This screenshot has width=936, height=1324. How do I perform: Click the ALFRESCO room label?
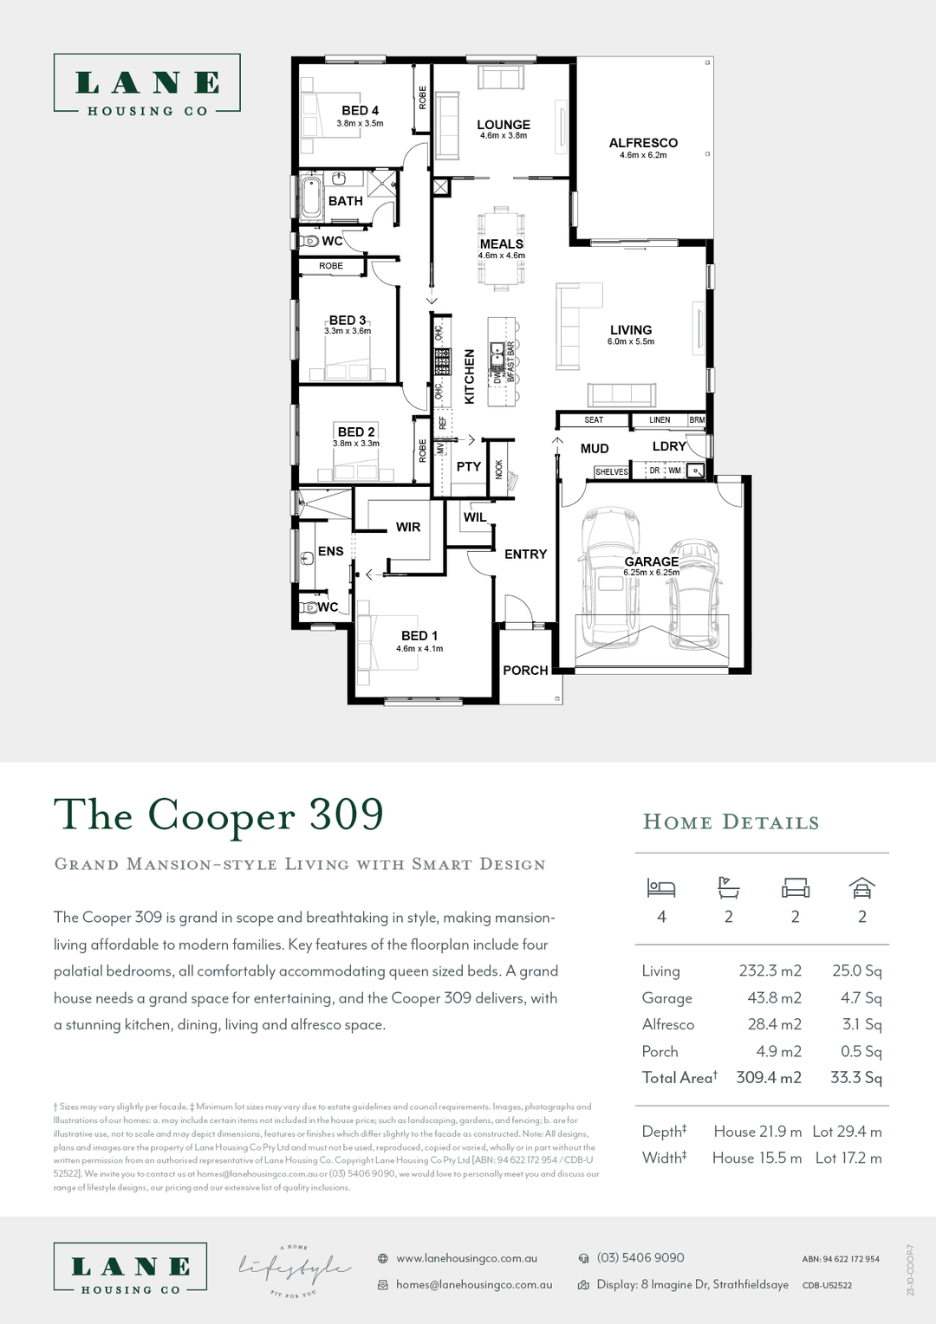point(643,143)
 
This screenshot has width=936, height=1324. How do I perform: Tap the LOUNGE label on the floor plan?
point(504,125)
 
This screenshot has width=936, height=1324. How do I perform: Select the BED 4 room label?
point(360,110)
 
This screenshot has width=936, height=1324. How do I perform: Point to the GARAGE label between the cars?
point(652,561)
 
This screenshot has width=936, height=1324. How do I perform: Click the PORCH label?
point(525,671)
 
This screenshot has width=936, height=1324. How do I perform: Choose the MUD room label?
point(595,448)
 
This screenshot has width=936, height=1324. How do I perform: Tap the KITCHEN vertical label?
point(470,376)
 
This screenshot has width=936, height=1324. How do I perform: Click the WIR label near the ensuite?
point(408,527)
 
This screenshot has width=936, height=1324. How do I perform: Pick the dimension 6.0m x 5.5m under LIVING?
point(631,341)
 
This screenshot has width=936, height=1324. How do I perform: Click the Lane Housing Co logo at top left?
point(146,84)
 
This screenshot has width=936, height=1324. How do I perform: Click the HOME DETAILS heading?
point(731,822)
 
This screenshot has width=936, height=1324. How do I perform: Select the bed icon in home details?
point(661,888)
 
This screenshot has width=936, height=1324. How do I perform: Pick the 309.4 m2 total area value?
point(769,1078)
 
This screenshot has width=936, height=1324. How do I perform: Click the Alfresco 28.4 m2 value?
point(775,1024)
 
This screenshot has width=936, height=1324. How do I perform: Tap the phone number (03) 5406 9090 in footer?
point(640,1257)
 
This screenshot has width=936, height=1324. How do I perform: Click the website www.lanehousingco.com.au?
point(466,1258)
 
